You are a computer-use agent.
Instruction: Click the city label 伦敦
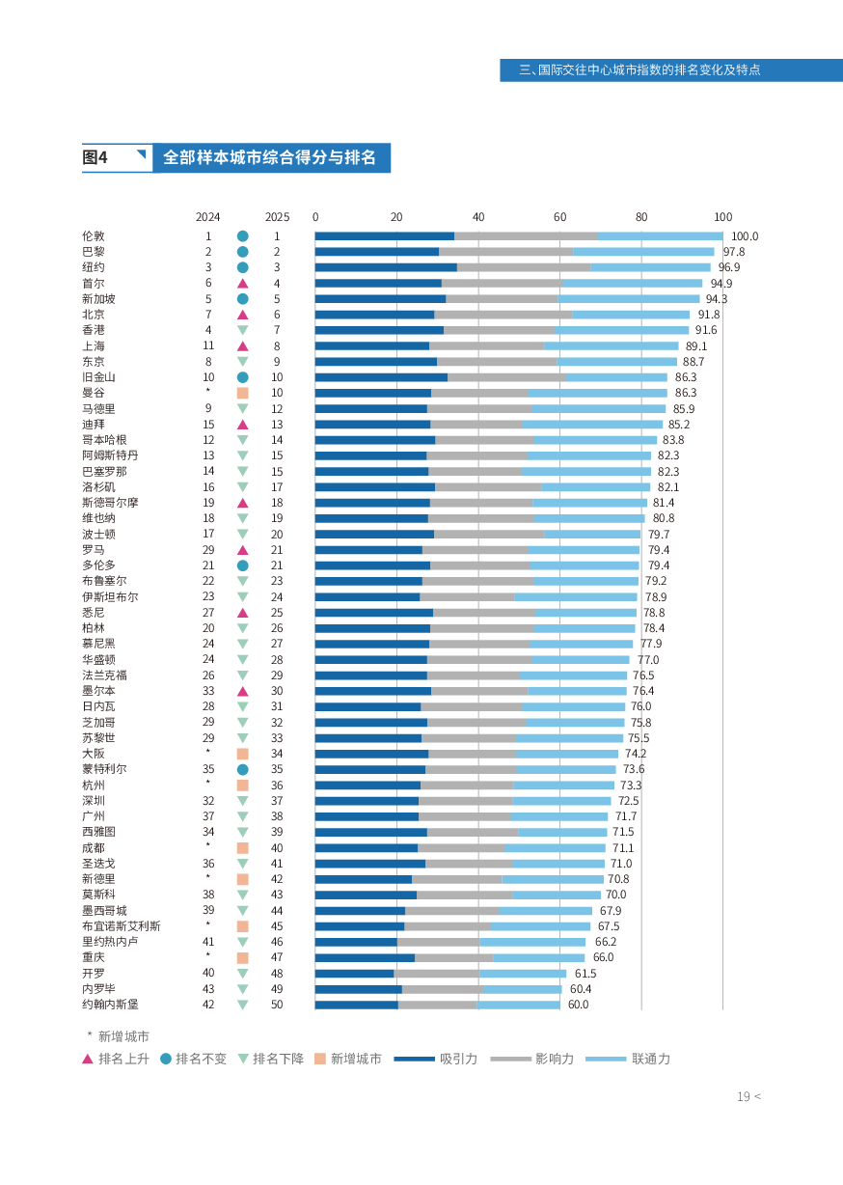(94, 236)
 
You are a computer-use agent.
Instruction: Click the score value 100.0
(745, 236)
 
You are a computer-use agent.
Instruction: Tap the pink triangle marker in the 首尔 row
(243, 284)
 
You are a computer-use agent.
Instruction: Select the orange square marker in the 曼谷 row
(243, 394)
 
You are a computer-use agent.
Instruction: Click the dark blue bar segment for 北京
(374, 315)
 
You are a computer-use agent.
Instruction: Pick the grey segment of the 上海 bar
(486, 346)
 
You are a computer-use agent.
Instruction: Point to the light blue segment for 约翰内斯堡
(518, 1005)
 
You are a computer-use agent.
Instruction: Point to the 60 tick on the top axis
(559, 217)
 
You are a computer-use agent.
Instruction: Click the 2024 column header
(207, 217)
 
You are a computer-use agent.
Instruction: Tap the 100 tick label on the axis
(722, 217)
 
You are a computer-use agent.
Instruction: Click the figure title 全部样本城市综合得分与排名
(270, 157)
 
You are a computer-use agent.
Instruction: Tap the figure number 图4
(95, 157)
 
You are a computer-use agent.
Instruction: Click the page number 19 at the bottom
(744, 1096)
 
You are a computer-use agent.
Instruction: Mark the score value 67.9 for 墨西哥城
(611, 911)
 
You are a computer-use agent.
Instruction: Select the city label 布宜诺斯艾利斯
(122, 926)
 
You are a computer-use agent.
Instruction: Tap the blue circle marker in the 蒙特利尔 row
(243, 770)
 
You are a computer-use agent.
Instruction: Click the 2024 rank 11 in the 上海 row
(208, 346)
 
